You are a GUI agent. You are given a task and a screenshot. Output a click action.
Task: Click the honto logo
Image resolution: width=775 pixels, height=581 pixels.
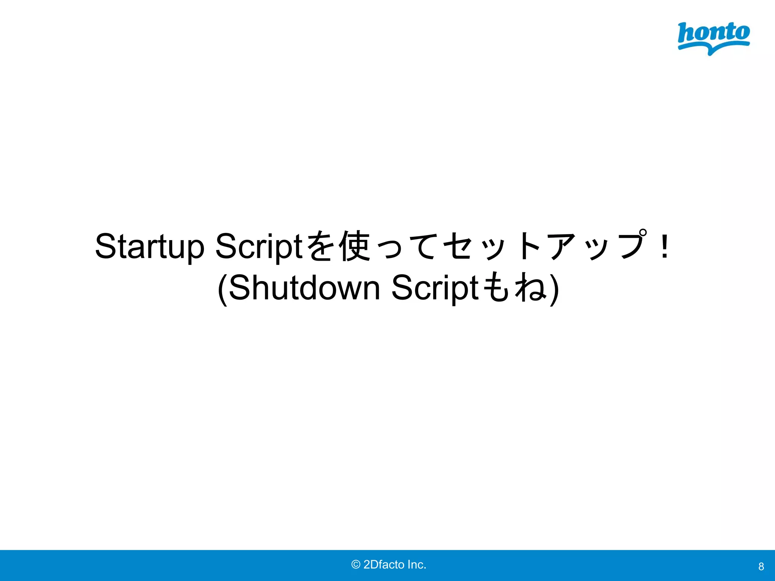pos(713,38)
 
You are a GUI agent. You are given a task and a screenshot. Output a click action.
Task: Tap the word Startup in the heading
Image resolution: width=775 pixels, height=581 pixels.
pos(149,247)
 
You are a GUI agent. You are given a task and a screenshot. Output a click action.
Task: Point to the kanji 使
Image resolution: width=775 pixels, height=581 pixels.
pos(355,247)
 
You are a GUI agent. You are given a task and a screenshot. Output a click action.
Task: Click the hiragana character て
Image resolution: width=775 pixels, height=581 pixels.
pos(423,247)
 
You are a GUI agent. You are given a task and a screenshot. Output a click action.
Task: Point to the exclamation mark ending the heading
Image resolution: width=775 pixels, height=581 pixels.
pos(664,247)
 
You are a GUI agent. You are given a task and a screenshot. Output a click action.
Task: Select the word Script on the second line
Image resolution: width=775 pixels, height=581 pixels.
pos(435,288)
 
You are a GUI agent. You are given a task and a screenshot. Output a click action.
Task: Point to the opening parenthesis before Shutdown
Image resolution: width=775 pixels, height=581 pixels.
pos(223,289)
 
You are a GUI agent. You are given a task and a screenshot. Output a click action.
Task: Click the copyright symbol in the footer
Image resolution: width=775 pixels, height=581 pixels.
pos(356,565)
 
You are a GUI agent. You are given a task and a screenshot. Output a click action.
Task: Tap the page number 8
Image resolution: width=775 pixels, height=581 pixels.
pos(761,567)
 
